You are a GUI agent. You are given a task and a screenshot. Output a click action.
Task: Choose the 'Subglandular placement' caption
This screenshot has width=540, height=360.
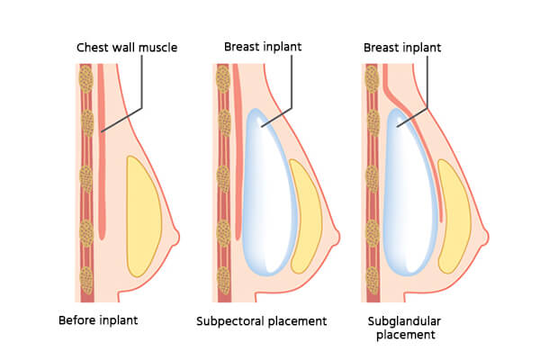coord(401,327)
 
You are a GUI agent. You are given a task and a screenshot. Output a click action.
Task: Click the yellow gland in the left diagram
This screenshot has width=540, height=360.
coord(144,216)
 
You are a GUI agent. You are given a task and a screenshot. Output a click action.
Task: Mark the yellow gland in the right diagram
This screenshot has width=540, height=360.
coord(455,216)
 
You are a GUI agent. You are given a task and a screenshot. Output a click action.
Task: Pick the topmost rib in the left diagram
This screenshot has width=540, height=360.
coord(86,79)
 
